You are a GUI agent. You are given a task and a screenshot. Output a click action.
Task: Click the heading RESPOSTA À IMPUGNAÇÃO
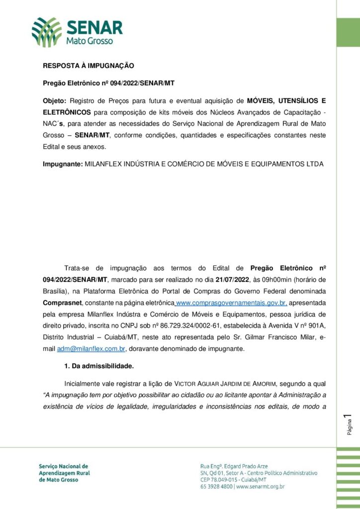pos(89,66)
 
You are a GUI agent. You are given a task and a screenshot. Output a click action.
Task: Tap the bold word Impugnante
pos(62,164)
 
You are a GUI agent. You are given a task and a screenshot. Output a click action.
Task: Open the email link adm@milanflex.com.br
pos(91,349)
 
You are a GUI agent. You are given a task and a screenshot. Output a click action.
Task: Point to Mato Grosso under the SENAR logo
pos(90,41)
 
